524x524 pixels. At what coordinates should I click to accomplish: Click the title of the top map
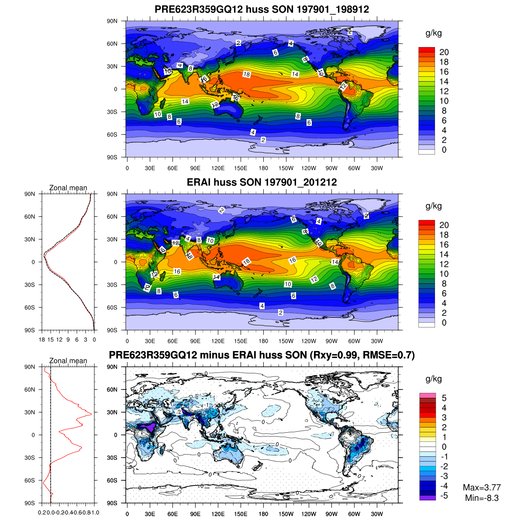(x=262, y=9)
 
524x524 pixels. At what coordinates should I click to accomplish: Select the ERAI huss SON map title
(x=262, y=182)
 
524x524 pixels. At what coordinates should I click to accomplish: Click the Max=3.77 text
(x=482, y=487)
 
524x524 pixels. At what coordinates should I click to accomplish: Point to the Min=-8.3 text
(x=482, y=498)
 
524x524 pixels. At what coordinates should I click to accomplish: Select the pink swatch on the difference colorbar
(x=427, y=396)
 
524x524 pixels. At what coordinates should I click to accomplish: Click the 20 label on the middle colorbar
(x=444, y=225)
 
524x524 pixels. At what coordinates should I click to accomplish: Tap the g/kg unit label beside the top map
(x=434, y=33)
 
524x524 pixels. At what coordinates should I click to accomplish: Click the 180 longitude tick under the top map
(x=263, y=168)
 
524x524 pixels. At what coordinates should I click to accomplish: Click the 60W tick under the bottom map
(x=354, y=514)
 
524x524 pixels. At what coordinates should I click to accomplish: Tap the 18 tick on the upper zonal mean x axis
(x=42, y=339)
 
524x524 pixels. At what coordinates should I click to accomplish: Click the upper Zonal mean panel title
(x=68, y=188)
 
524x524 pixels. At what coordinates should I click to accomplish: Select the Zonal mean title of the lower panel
(x=68, y=361)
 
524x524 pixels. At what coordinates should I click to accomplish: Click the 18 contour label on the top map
(x=247, y=75)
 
